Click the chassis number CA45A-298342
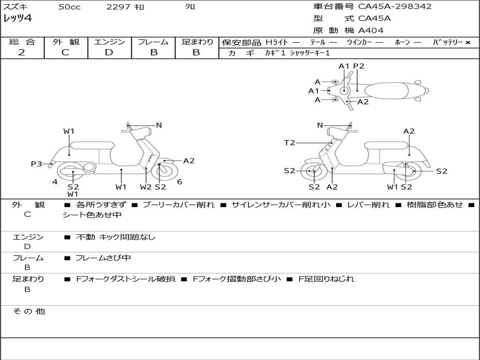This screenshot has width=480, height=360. pos(395,7)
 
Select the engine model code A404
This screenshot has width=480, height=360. pos(371,30)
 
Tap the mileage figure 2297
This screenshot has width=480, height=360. pos(118,7)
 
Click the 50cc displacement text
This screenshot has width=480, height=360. pos(69,7)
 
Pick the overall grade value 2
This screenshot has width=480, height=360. pos(22,52)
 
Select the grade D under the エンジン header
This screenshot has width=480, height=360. pos(109,52)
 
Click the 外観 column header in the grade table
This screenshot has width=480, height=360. pos(66,42)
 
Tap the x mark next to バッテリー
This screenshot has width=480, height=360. pos(468,43)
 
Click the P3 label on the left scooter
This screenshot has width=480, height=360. pos(37,164)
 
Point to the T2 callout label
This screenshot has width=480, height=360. pos(290,142)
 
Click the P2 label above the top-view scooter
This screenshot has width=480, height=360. pos(359,66)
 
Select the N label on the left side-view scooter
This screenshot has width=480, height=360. pos(159,125)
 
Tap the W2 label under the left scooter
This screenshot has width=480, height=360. pos(146,187)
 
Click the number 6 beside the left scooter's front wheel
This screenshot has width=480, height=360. pos(180,182)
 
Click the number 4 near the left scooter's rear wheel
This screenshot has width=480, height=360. pos(55,182)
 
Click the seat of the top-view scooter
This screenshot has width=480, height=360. pos(386,91)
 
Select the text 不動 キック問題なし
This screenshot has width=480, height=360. pos(115,237)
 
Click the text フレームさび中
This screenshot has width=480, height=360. pos(103,258)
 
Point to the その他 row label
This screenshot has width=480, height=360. pos(29,311)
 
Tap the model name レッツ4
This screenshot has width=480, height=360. pos(17,18)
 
